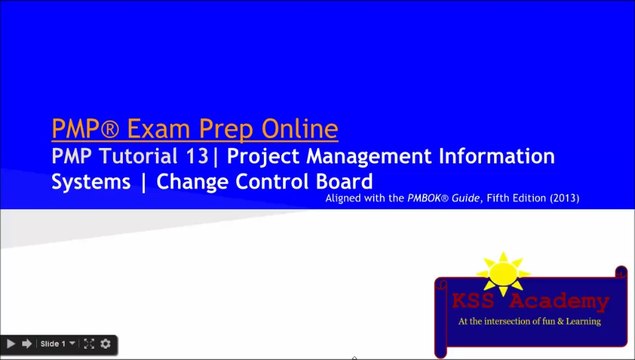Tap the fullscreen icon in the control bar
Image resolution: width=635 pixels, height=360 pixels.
pyautogui.click(x=89, y=344)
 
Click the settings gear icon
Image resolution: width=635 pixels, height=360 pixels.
pyautogui.click(x=105, y=344)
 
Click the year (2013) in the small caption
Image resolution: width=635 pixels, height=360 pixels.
pyautogui.click(x=562, y=199)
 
